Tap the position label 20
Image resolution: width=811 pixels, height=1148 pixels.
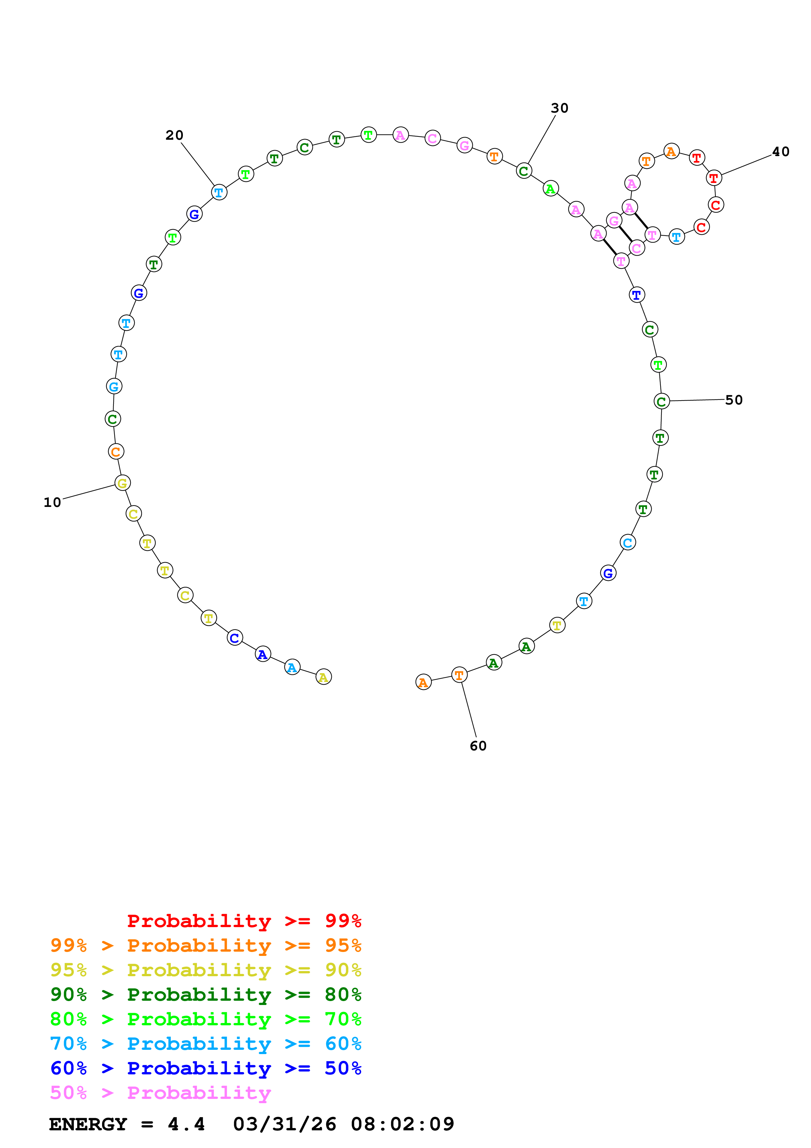click(x=174, y=135)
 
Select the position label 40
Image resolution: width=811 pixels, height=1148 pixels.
click(x=781, y=152)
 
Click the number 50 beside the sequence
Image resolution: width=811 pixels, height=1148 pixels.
click(x=733, y=400)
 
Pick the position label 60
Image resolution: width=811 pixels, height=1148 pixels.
click(x=478, y=746)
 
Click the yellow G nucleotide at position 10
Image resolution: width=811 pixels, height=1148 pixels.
click(x=122, y=483)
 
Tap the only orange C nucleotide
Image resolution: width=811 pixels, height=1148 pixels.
click(x=116, y=452)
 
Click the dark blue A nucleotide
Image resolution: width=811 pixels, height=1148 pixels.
click(x=263, y=655)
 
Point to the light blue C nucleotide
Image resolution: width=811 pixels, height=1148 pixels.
click(x=627, y=543)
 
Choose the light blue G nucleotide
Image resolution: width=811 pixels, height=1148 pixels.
click(x=114, y=386)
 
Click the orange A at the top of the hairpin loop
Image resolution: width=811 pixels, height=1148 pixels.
click(x=671, y=151)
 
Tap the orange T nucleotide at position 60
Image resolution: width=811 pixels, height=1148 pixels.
click(x=459, y=675)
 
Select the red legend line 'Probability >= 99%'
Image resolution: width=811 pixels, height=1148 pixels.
click(x=244, y=921)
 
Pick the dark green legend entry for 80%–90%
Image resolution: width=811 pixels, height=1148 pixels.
click(x=206, y=995)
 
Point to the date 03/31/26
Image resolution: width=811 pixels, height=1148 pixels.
click(x=284, y=1124)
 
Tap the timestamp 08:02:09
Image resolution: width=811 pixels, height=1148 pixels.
click(x=402, y=1124)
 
